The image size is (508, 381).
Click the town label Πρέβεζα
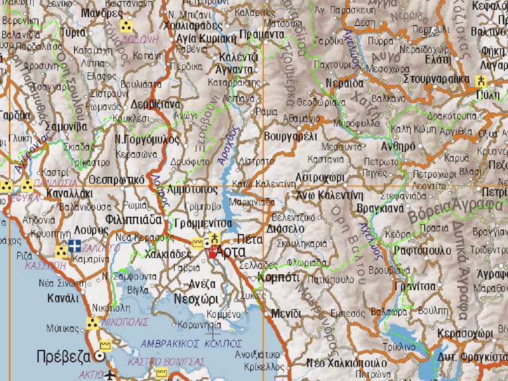pos(62,356)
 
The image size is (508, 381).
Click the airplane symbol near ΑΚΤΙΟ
pos(113,373)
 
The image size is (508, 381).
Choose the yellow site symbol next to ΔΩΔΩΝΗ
pos(126,26)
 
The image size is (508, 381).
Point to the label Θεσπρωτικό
pos(118,179)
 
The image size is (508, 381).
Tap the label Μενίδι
pos(286,313)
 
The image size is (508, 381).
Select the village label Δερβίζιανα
pos(156,105)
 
